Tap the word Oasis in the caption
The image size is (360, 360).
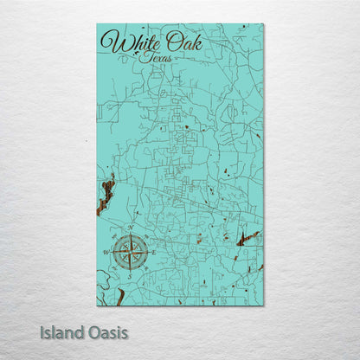[x=111, y=331]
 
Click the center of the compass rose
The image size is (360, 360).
[x=130, y=252]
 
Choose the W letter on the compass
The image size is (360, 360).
[x=110, y=252]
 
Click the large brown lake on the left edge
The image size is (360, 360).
[x=105, y=195]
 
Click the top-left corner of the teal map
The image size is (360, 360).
[x=97, y=23]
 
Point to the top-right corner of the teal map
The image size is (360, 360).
[x=264, y=23]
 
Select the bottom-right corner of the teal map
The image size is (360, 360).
[x=264, y=306]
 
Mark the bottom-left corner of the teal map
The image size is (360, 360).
[x=97, y=306]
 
